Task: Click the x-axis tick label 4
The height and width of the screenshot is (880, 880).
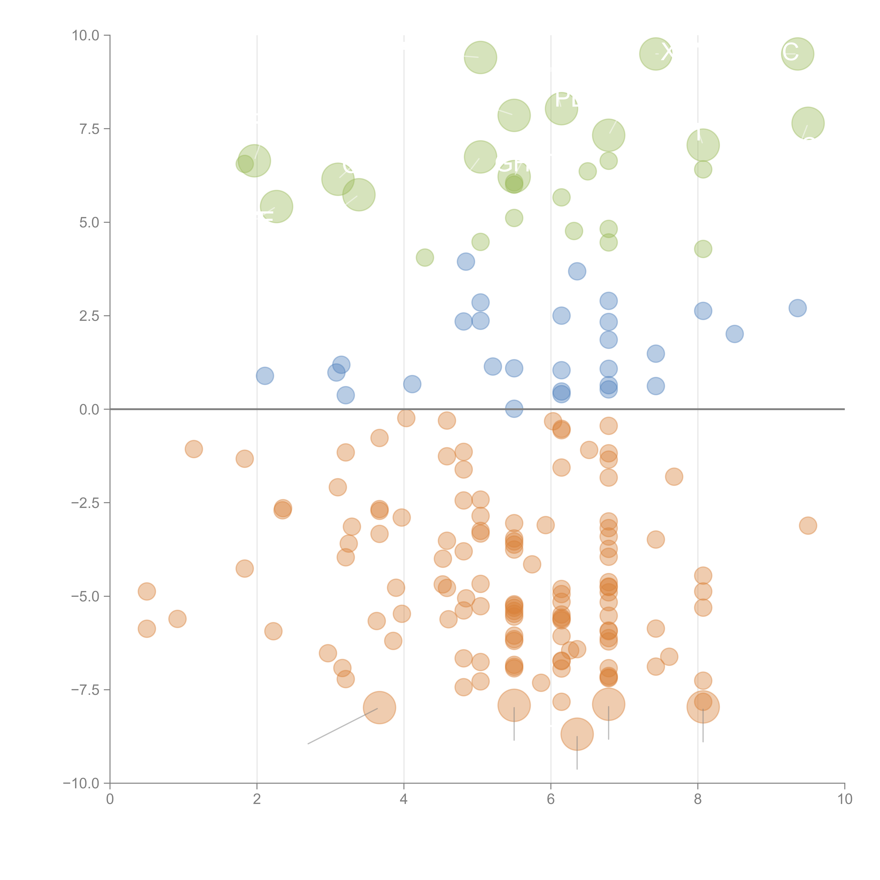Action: [404, 799]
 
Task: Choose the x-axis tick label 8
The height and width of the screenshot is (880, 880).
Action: [698, 799]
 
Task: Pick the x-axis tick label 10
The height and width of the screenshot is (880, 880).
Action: [844, 799]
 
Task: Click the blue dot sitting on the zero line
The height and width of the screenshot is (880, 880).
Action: [514, 408]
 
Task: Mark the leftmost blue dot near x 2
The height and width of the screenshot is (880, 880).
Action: [265, 376]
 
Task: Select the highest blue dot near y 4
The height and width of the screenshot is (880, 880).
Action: [466, 262]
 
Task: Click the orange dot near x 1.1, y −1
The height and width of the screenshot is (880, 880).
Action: [194, 449]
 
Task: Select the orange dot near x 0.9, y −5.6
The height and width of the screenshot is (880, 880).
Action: [177, 618]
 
